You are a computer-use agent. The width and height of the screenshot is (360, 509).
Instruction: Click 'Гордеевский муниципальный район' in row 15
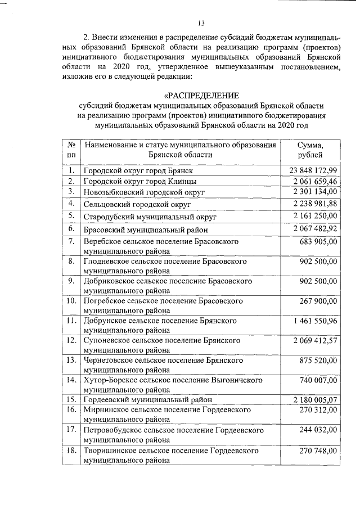click(x=148, y=400)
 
